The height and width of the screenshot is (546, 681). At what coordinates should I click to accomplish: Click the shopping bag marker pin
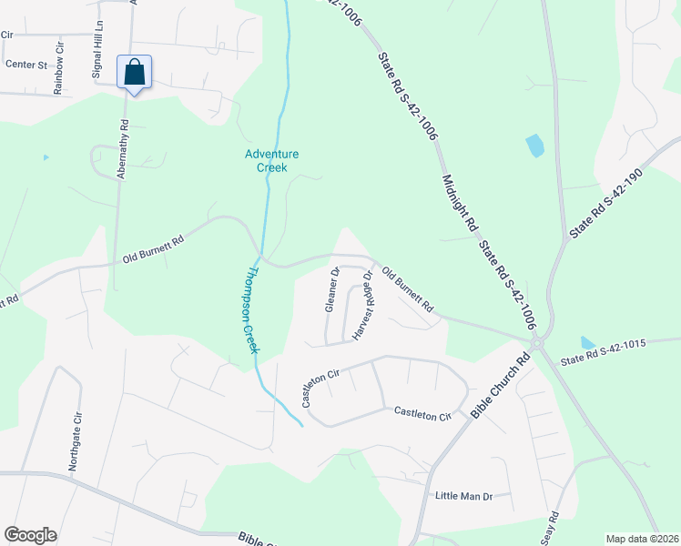pos(134,72)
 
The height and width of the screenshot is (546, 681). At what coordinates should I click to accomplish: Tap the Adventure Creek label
pos(271,161)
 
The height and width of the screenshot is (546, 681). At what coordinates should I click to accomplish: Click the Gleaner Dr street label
pos(332,290)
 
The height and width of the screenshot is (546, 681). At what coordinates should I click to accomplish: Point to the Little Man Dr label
pos(463,496)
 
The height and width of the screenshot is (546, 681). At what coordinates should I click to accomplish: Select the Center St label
pos(25,65)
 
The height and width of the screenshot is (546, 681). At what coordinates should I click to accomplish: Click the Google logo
pos(30,535)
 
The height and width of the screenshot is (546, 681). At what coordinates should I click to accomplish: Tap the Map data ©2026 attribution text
pos(641,539)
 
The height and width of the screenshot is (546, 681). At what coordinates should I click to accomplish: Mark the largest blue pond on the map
pos(534,145)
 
